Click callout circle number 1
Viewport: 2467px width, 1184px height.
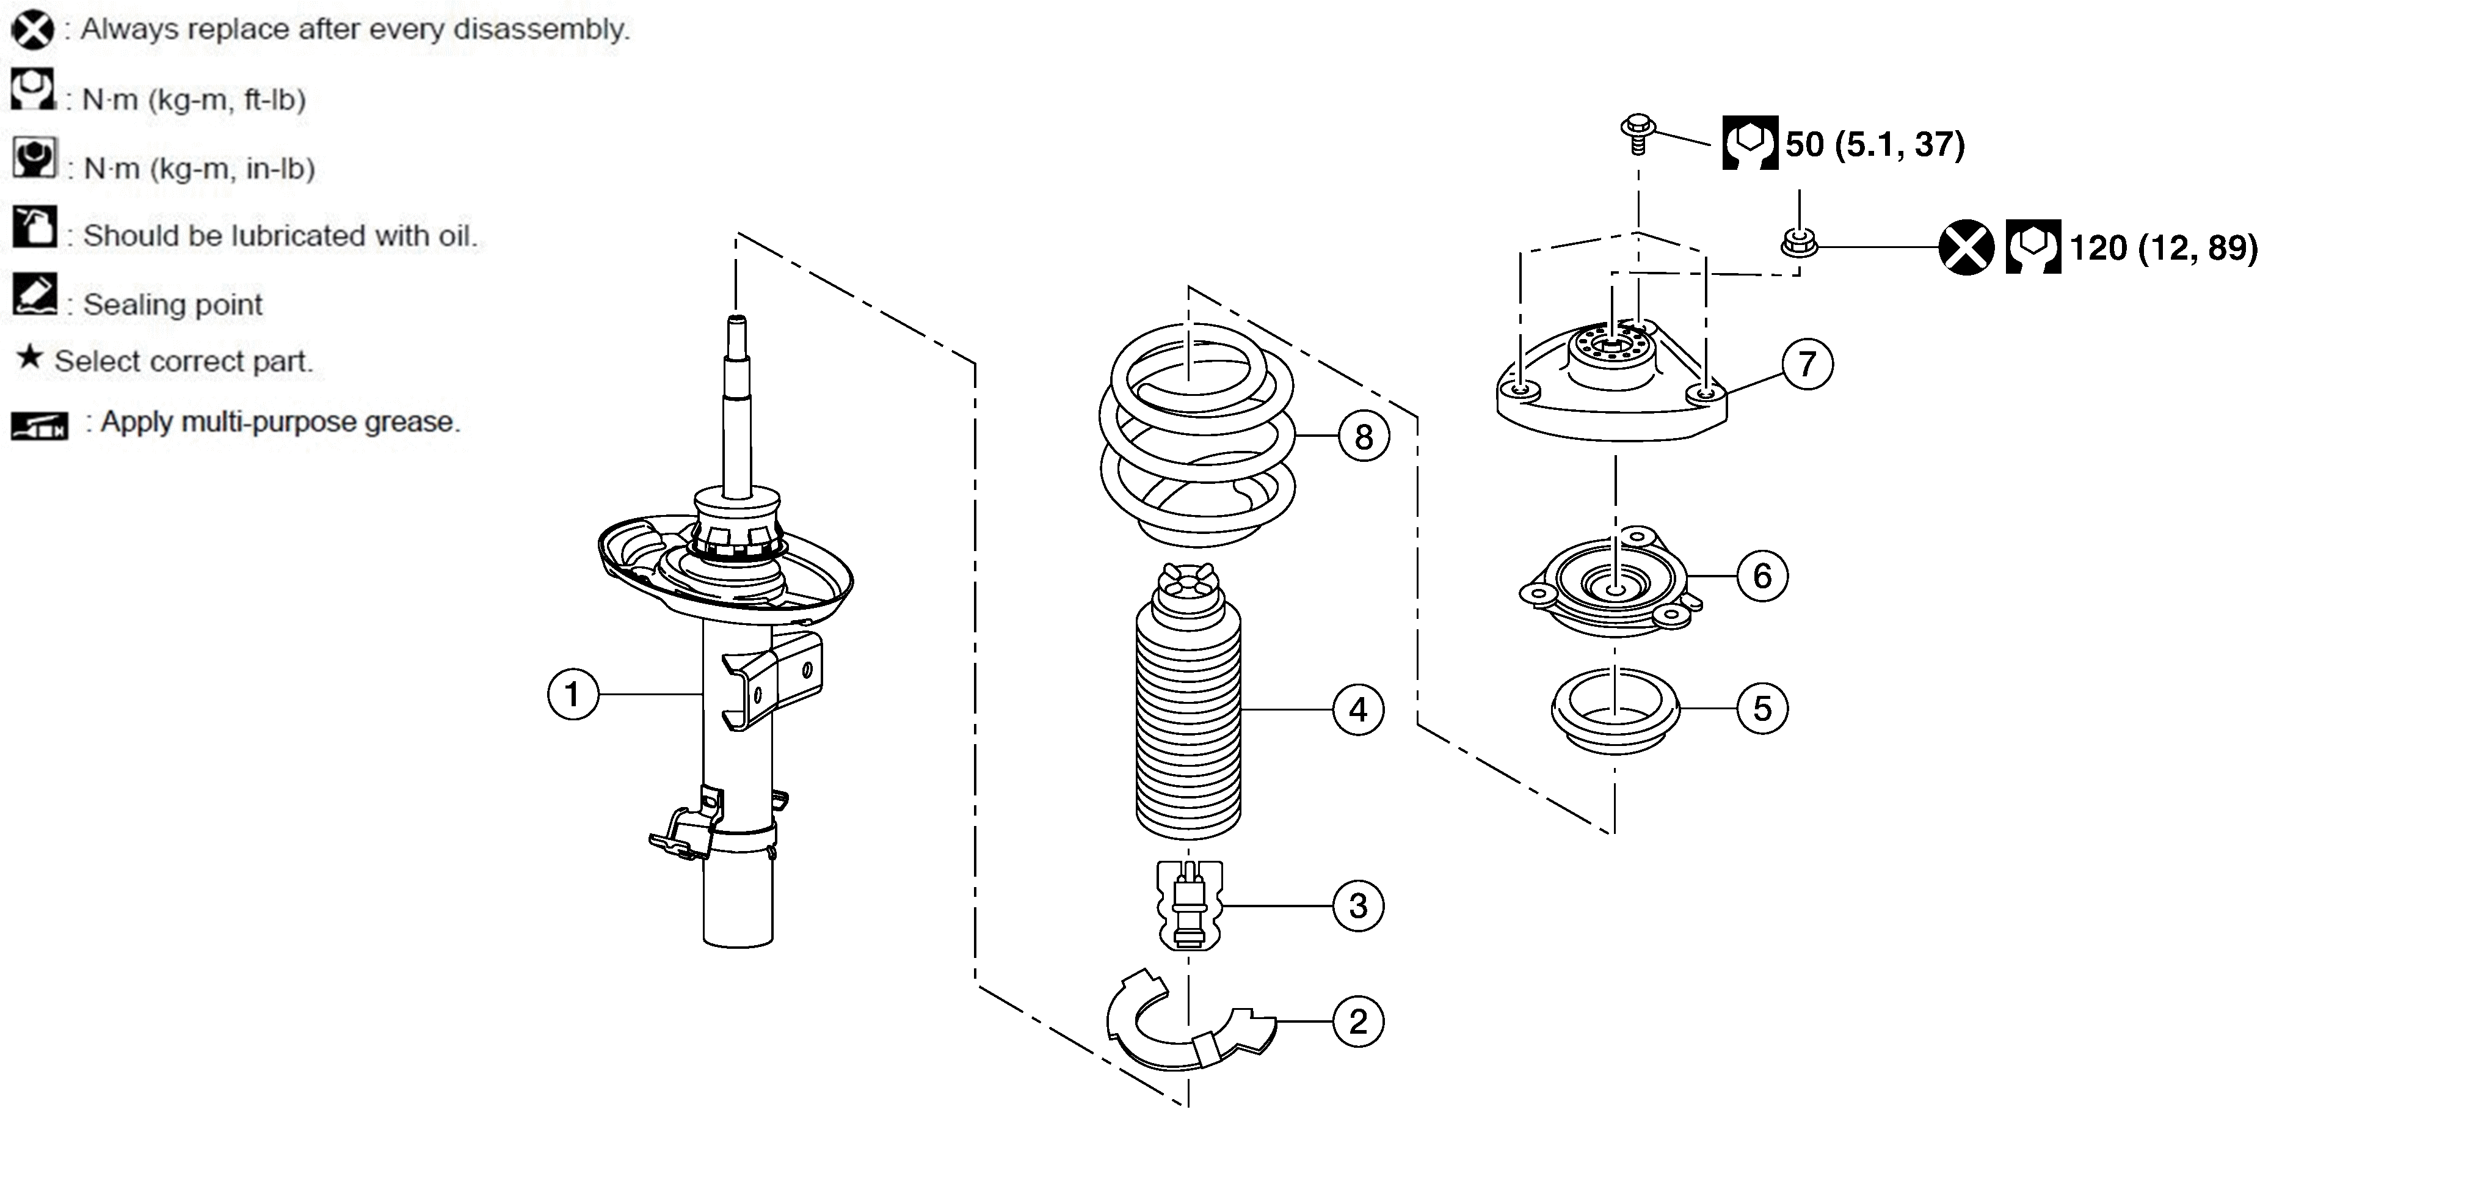coord(573,693)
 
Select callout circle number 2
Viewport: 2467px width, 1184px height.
coord(1358,1021)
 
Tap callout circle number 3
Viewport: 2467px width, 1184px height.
coord(1358,905)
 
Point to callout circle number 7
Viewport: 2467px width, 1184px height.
coord(1807,364)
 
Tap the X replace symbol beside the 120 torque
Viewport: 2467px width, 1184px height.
coord(1966,247)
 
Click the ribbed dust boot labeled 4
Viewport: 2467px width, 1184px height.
coord(1188,704)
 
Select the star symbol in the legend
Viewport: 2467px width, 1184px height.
coord(30,357)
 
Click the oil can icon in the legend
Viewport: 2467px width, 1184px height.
coord(34,227)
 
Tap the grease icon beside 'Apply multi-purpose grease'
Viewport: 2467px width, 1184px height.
coord(39,425)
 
